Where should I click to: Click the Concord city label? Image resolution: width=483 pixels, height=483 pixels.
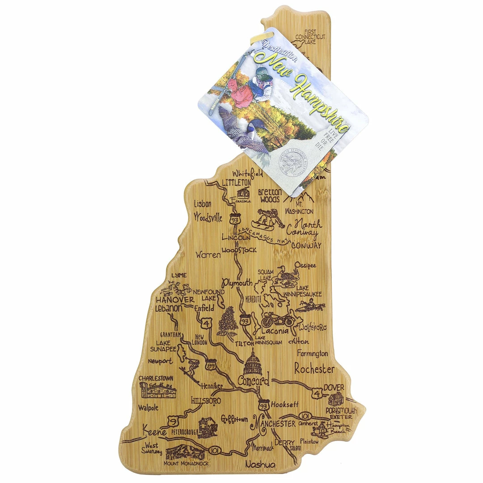coord(254,381)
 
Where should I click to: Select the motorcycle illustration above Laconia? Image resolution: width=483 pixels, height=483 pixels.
coord(279,319)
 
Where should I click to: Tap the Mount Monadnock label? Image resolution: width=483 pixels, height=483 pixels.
coord(186,463)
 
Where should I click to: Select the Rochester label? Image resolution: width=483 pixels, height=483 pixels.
coord(314,369)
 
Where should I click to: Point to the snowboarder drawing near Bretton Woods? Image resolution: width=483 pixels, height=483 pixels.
coord(267,218)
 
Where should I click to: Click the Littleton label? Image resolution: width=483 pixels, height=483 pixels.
coord(237,182)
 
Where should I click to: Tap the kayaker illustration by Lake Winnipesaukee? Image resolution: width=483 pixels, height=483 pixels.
coord(310,306)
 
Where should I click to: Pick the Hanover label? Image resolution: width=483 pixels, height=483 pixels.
coord(175,300)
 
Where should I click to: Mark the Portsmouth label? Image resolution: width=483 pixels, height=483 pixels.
coord(341,410)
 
